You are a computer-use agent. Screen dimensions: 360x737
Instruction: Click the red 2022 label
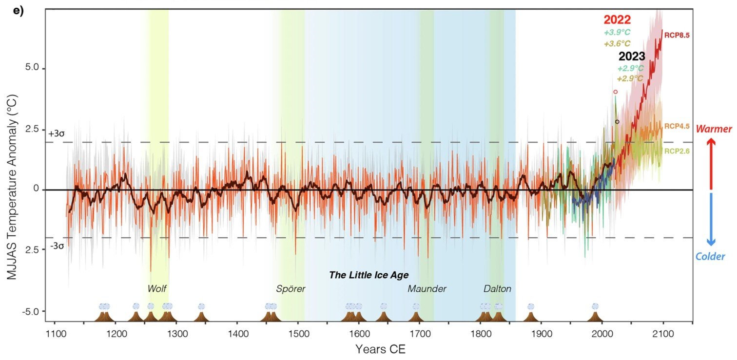tap(617, 20)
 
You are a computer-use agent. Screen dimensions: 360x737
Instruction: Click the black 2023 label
tap(632, 56)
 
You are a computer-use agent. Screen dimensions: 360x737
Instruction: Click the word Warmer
tap(714, 129)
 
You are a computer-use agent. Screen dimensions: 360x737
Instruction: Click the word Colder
tap(711, 256)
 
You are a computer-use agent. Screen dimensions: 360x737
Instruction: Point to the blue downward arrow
tap(711, 219)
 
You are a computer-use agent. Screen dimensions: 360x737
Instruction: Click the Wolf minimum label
tap(158, 289)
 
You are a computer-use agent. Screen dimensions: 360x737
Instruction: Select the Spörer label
tap(291, 289)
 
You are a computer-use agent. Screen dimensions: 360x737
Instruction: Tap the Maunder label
tap(427, 289)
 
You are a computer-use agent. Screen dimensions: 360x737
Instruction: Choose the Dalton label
tap(497, 289)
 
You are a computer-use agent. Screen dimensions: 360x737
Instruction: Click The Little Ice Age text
tap(368, 275)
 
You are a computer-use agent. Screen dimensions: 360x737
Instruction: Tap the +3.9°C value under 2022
tap(617, 33)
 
